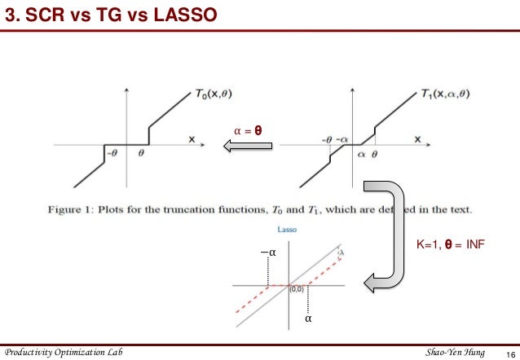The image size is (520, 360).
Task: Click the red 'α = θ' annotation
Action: (248, 130)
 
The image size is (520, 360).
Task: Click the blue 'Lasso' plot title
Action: (286, 230)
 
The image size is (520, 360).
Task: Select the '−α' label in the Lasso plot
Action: (268, 253)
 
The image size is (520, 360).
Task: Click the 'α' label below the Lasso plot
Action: (308, 319)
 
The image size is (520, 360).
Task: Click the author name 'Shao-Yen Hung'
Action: (454, 352)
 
